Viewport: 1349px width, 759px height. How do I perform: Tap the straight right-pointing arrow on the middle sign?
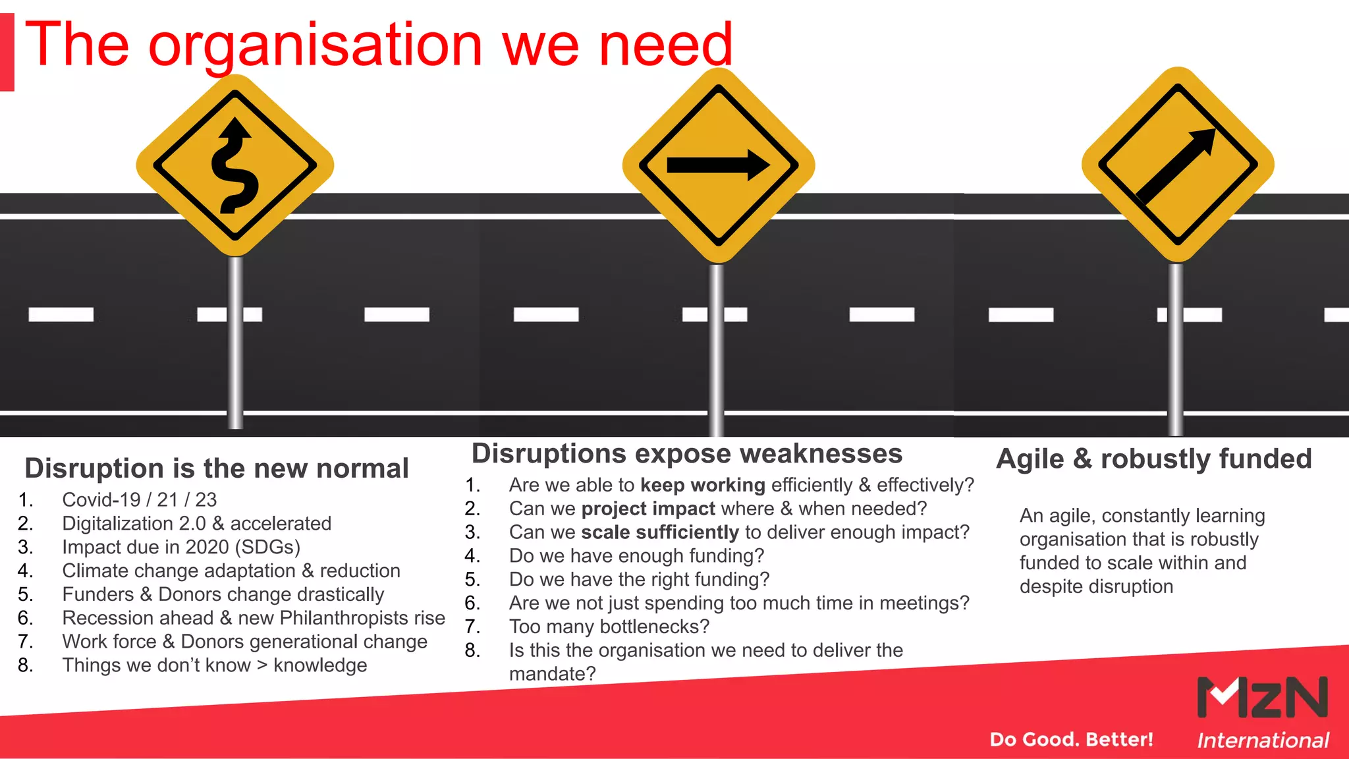click(718, 165)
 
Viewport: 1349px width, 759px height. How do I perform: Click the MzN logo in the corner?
click(1261, 697)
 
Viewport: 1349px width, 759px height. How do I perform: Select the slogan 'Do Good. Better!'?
click(1071, 739)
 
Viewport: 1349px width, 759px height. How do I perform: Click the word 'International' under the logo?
click(1263, 741)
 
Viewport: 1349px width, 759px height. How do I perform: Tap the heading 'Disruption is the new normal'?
click(217, 468)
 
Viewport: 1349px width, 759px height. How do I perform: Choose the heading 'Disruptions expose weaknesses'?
click(687, 454)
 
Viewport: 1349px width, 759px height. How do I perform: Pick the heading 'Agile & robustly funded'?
click(1154, 459)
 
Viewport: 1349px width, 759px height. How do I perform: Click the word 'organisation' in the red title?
click(316, 45)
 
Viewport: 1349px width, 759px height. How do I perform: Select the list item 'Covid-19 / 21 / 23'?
click(139, 499)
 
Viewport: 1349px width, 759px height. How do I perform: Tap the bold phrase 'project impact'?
click(648, 509)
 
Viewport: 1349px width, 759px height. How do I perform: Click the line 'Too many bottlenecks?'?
click(609, 627)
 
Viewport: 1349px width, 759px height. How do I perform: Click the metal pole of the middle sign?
click(716, 349)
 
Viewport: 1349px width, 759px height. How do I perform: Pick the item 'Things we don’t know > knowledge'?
click(214, 665)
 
